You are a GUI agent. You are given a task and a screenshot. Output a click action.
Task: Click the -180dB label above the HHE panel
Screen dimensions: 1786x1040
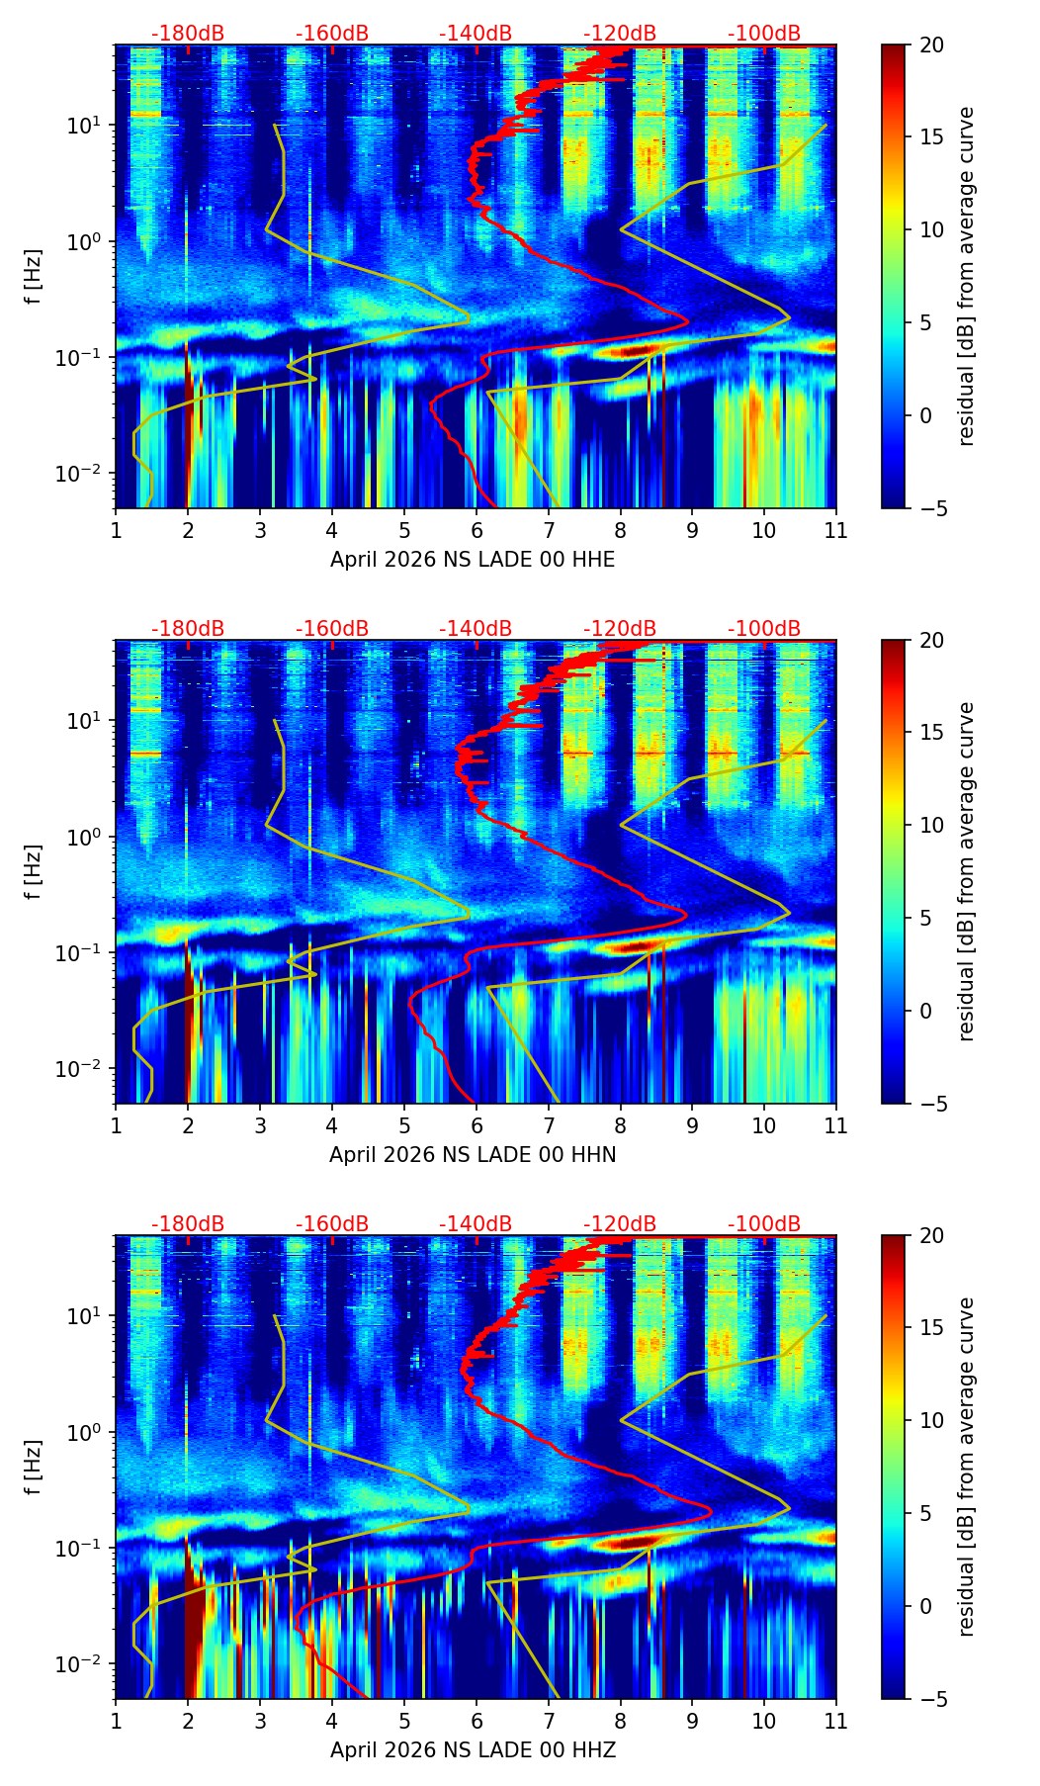tap(188, 34)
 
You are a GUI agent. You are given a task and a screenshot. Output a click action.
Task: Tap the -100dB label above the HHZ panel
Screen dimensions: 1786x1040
tap(764, 1224)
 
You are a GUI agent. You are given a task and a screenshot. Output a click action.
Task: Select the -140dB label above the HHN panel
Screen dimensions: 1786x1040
tap(476, 629)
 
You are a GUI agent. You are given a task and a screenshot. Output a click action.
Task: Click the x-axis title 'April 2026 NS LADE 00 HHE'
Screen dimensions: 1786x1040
tap(473, 560)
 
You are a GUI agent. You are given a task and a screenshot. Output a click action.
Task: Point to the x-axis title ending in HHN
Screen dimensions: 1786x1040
tap(473, 1155)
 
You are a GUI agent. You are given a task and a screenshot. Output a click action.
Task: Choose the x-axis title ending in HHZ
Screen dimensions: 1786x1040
tap(473, 1750)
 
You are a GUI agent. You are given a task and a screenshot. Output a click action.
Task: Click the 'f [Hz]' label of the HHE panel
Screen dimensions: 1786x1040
tap(34, 277)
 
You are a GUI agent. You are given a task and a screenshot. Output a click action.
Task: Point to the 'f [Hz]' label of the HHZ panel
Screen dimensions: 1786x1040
tap(34, 1468)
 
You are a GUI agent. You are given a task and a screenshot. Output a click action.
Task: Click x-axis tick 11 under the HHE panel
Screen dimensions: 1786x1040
tap(836, 531)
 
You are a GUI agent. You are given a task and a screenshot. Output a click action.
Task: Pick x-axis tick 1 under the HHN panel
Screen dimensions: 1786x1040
tap(116, 1126)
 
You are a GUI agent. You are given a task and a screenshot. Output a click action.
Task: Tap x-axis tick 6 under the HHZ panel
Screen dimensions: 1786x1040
tap(477, 1722)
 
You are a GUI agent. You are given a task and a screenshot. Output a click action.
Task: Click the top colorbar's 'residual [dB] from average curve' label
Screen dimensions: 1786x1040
tap(967, 277)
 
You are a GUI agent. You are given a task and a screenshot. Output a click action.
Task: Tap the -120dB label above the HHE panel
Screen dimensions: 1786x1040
tap(620, 34)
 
